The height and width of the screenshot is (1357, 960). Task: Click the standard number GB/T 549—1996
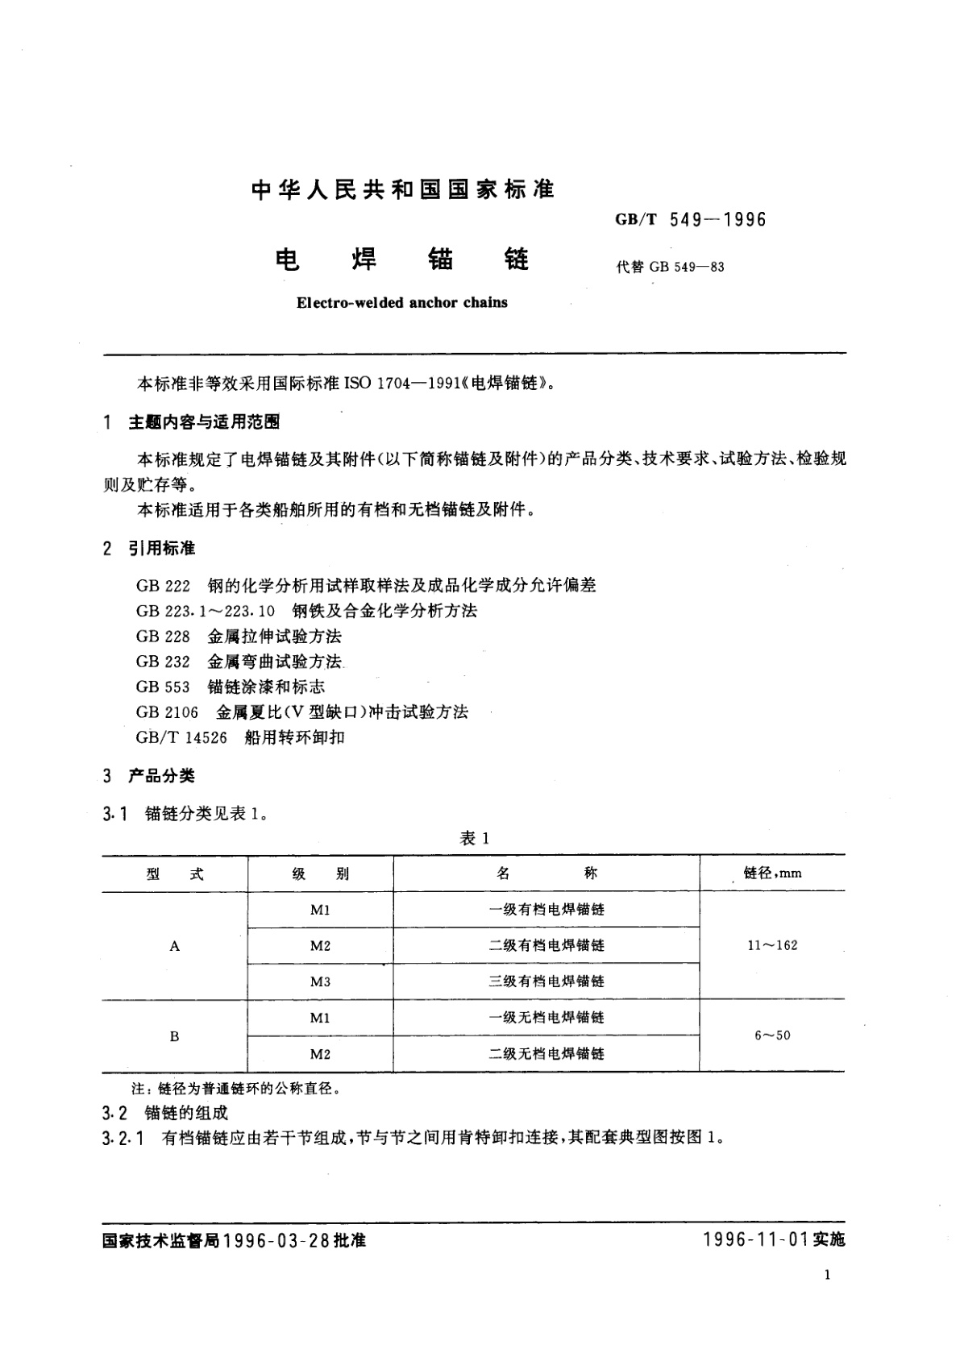click(x=690, y=219)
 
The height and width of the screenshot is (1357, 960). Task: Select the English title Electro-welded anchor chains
click(x=402, y=303)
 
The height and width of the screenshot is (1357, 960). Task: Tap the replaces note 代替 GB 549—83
click(x=670, y=267)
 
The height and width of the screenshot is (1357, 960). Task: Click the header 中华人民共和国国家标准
click(x=403, y=189)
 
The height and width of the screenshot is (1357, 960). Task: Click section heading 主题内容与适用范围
click(x=204, y=422)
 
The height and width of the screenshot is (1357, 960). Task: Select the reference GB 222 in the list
click(x=163, y=585)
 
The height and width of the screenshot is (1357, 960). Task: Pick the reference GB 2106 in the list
click(x=167, y=712)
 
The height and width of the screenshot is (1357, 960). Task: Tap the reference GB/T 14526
click(x=181, y=737)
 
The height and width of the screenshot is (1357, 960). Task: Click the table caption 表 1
click(x=475, y=838)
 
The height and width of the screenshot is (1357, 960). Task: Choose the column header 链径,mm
click(x=772, y=873)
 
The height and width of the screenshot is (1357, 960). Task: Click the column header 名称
click(x=546, y=874)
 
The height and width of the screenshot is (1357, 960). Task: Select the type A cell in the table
click(x=175, y=946)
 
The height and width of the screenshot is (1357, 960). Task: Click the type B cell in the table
click(x=175, y=1036)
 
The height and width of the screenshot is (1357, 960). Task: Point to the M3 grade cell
click(x=320, y=981)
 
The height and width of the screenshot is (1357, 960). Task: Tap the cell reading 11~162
click(x=772, y=945)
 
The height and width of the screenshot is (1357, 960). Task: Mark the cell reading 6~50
click(x=772, y=1035)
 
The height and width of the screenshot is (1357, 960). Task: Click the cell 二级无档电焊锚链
click(x=546, y=1054)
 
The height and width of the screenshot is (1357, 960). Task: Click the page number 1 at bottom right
click(x=828, y=1274)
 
